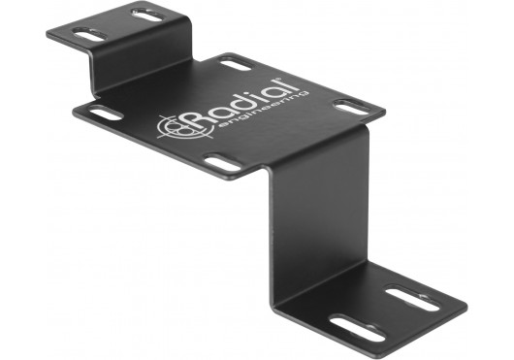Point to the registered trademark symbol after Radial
278,79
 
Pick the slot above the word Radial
235,64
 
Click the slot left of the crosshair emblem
106,114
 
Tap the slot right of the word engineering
351,108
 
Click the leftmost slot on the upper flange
89,34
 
